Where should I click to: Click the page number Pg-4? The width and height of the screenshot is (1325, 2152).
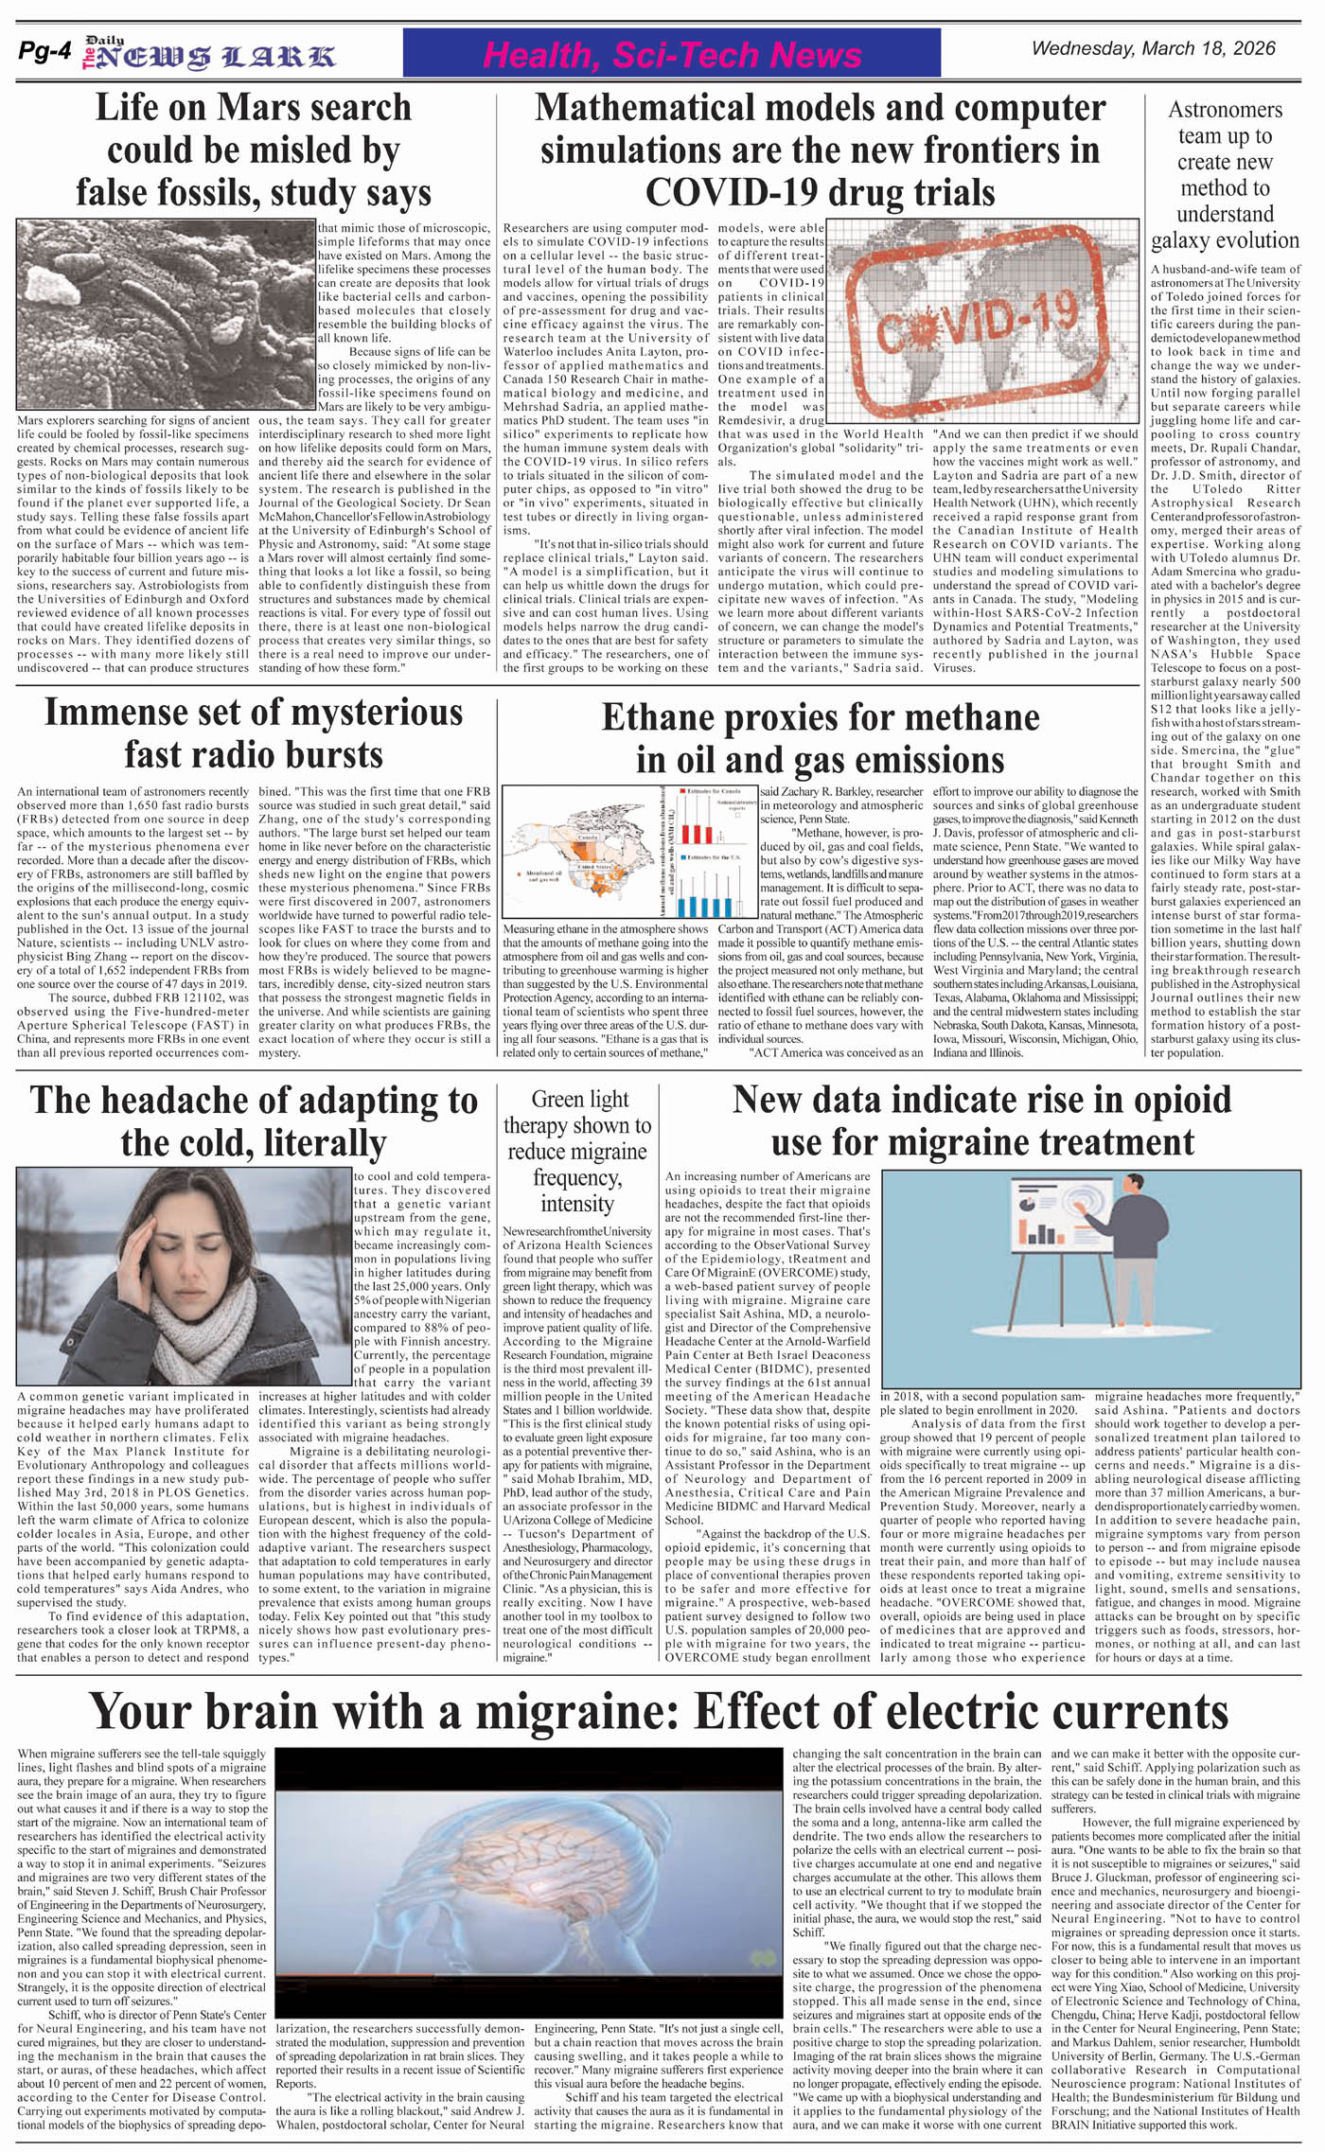44,53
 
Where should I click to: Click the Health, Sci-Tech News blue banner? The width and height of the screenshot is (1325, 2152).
671,53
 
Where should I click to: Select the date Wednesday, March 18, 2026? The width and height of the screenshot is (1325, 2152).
1153,48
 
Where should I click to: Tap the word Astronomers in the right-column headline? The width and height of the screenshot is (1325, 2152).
1225,110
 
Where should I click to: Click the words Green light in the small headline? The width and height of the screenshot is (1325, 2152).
579,1099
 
